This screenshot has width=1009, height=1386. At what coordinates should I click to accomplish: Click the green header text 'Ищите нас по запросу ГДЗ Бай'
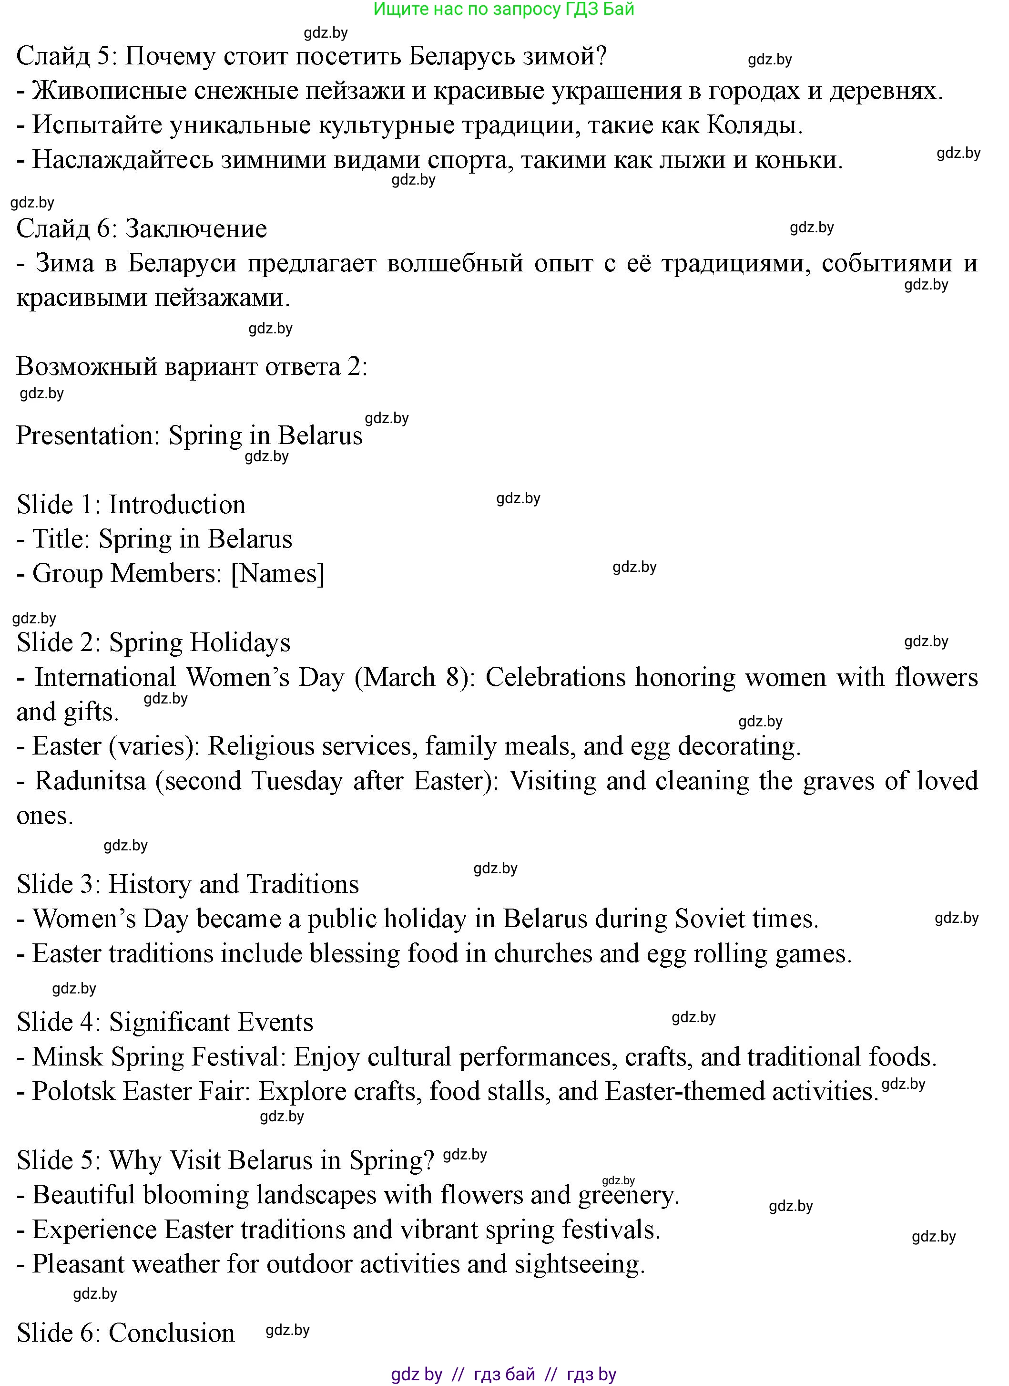(x=503, y=9)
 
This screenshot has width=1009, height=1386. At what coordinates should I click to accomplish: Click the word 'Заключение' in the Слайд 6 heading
(x=196, y=228)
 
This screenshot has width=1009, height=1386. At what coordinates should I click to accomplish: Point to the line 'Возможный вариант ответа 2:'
(x=192, y=367)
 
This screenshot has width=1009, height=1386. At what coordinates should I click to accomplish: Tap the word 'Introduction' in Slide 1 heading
(x=177, y=505)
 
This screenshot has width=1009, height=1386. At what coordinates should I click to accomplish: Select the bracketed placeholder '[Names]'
(x=278, y=574)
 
